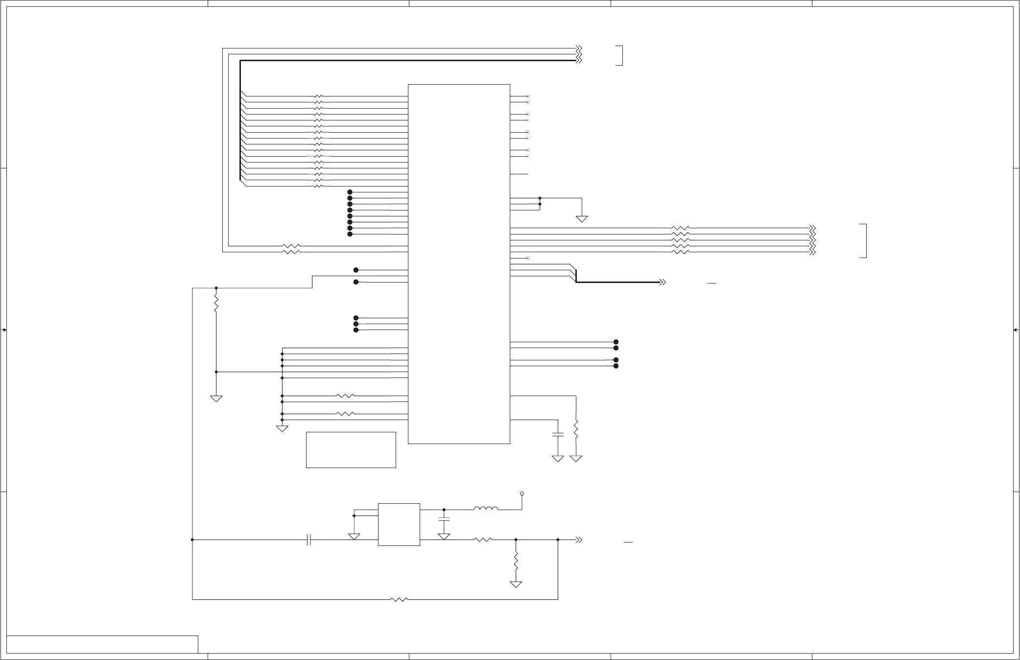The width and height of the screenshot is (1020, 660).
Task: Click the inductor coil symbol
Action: pos(486,509)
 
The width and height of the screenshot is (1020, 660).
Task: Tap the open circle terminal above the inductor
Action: pos(522,494)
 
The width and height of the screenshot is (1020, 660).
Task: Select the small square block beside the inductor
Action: pos(399,524)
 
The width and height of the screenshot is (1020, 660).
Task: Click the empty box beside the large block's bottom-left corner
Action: pos(351,449)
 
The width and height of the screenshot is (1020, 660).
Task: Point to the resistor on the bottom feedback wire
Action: pos(400,599)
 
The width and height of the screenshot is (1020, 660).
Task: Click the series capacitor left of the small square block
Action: pos(308,540)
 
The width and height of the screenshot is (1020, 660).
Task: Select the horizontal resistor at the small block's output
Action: pos(483,540)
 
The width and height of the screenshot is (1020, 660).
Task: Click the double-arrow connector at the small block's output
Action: pos(578,540)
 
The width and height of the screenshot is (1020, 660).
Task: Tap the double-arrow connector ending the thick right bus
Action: pos(663,283)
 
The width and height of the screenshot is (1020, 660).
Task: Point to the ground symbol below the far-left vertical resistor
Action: pos(216,399)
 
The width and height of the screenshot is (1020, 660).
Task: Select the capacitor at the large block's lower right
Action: pos(558,434)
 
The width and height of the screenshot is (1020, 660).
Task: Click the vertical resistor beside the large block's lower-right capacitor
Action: pos(576,428)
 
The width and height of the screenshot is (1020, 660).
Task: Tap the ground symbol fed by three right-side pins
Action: pos(582,219)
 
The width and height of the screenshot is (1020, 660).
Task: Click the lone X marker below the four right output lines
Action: pos(528,258)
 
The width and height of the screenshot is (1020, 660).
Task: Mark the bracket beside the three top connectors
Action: pos(619,55)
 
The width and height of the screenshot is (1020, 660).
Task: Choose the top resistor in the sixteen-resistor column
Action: pos(318,96)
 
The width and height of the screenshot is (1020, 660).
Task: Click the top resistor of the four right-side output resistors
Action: pos(681,228)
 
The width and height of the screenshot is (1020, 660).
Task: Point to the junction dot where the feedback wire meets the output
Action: pos(558,540)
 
